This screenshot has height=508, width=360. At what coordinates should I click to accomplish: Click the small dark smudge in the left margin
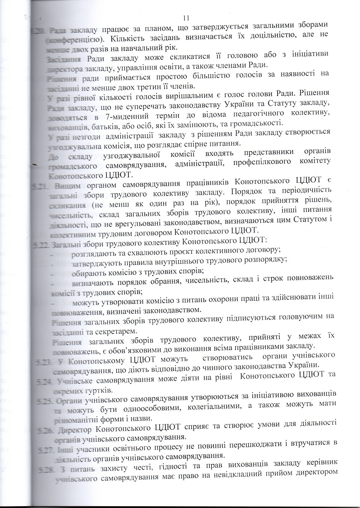click(35, 164)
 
